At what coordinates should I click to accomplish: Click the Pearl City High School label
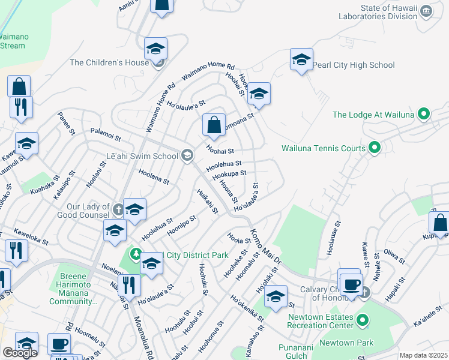pyautogui.click(x=354, y=65)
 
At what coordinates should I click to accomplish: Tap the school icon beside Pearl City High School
pyautogui.click(x=301, y=60)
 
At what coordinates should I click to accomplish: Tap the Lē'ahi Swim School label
pyautogui.click(x=142, y=156)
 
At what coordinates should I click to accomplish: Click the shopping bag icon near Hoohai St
pyautogui.click(x=214, y=125)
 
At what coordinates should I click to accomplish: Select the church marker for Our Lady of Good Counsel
pyautogui.click(x=118, y=209)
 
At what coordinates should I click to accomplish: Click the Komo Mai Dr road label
pyautogui.click(x=264, y=246)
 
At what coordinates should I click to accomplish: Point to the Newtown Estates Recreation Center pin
pyautogui.click(x=363, y=322)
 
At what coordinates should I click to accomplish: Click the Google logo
pyautogui.click(x=20, y=353)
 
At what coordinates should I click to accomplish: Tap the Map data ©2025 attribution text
pyautogui.click(x=423, y=355)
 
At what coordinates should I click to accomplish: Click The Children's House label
pyautogui.click(x=109, y=62)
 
